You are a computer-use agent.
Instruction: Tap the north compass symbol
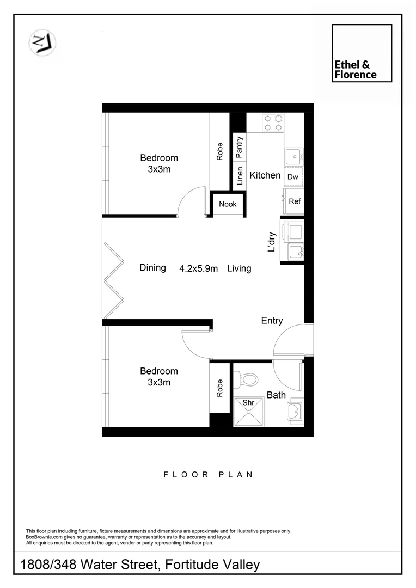(43, 42)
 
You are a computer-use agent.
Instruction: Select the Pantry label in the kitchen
(240, 147)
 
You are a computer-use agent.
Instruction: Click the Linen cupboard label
(240, 176)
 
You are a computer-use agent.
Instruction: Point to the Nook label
(228, 204)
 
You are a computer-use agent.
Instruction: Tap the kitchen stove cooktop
(273, 122)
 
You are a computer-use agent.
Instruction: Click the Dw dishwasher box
(293, 177)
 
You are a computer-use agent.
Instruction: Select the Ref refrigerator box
(294, 201)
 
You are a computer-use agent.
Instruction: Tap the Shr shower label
(248, 403)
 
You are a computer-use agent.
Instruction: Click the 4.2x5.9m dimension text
(199, 268)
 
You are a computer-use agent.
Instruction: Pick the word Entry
(272, 321)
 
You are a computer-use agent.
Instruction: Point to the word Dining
(152, 267)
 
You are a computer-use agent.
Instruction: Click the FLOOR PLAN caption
(208, 475)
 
